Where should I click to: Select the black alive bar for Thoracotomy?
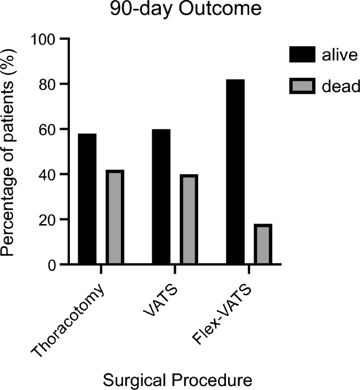(x=87, y=199)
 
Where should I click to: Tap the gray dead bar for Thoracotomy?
(x=114, y=217)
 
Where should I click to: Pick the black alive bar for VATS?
(x=161, y=197)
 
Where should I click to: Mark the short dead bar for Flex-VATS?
(x=262, y=244)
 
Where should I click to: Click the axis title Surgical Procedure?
(x=173, y=379)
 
